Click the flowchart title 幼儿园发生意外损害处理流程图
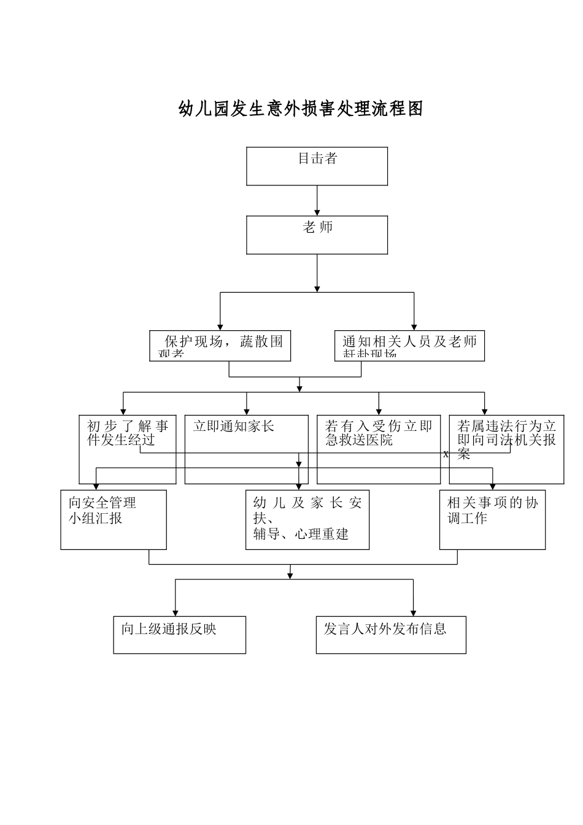(301, 109)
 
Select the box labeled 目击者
(317, 166)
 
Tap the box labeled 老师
(317, 234)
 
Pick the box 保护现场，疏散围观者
(220, 346)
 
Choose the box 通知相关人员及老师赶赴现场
(409, 346)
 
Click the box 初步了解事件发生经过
(128, 449)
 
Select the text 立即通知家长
(233, 427)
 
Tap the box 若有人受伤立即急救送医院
(379, 449)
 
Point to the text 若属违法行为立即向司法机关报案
(506, 440)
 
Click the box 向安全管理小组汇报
(114, 519)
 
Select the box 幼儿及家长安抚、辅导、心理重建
(307, 519)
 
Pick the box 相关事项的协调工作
(492, 519)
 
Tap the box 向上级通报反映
(179, 635)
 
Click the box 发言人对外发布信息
(391, 635)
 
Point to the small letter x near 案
(446, 454)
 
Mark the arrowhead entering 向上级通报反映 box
(176, 613)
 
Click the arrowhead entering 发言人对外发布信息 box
(413, 613)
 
